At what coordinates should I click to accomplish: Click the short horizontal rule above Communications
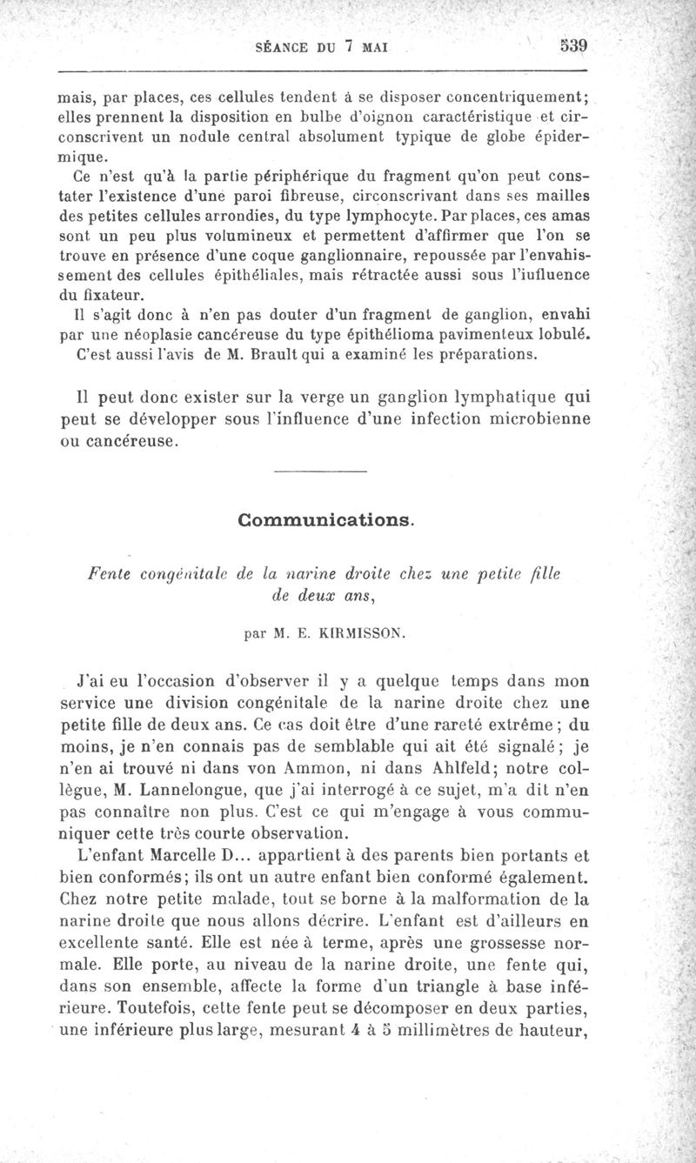click(x=320, y=472)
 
